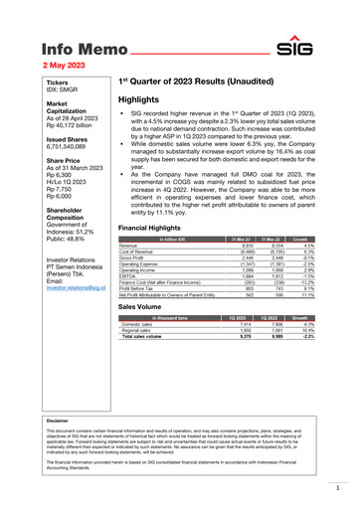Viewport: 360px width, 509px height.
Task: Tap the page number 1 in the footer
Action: coord(337,487)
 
